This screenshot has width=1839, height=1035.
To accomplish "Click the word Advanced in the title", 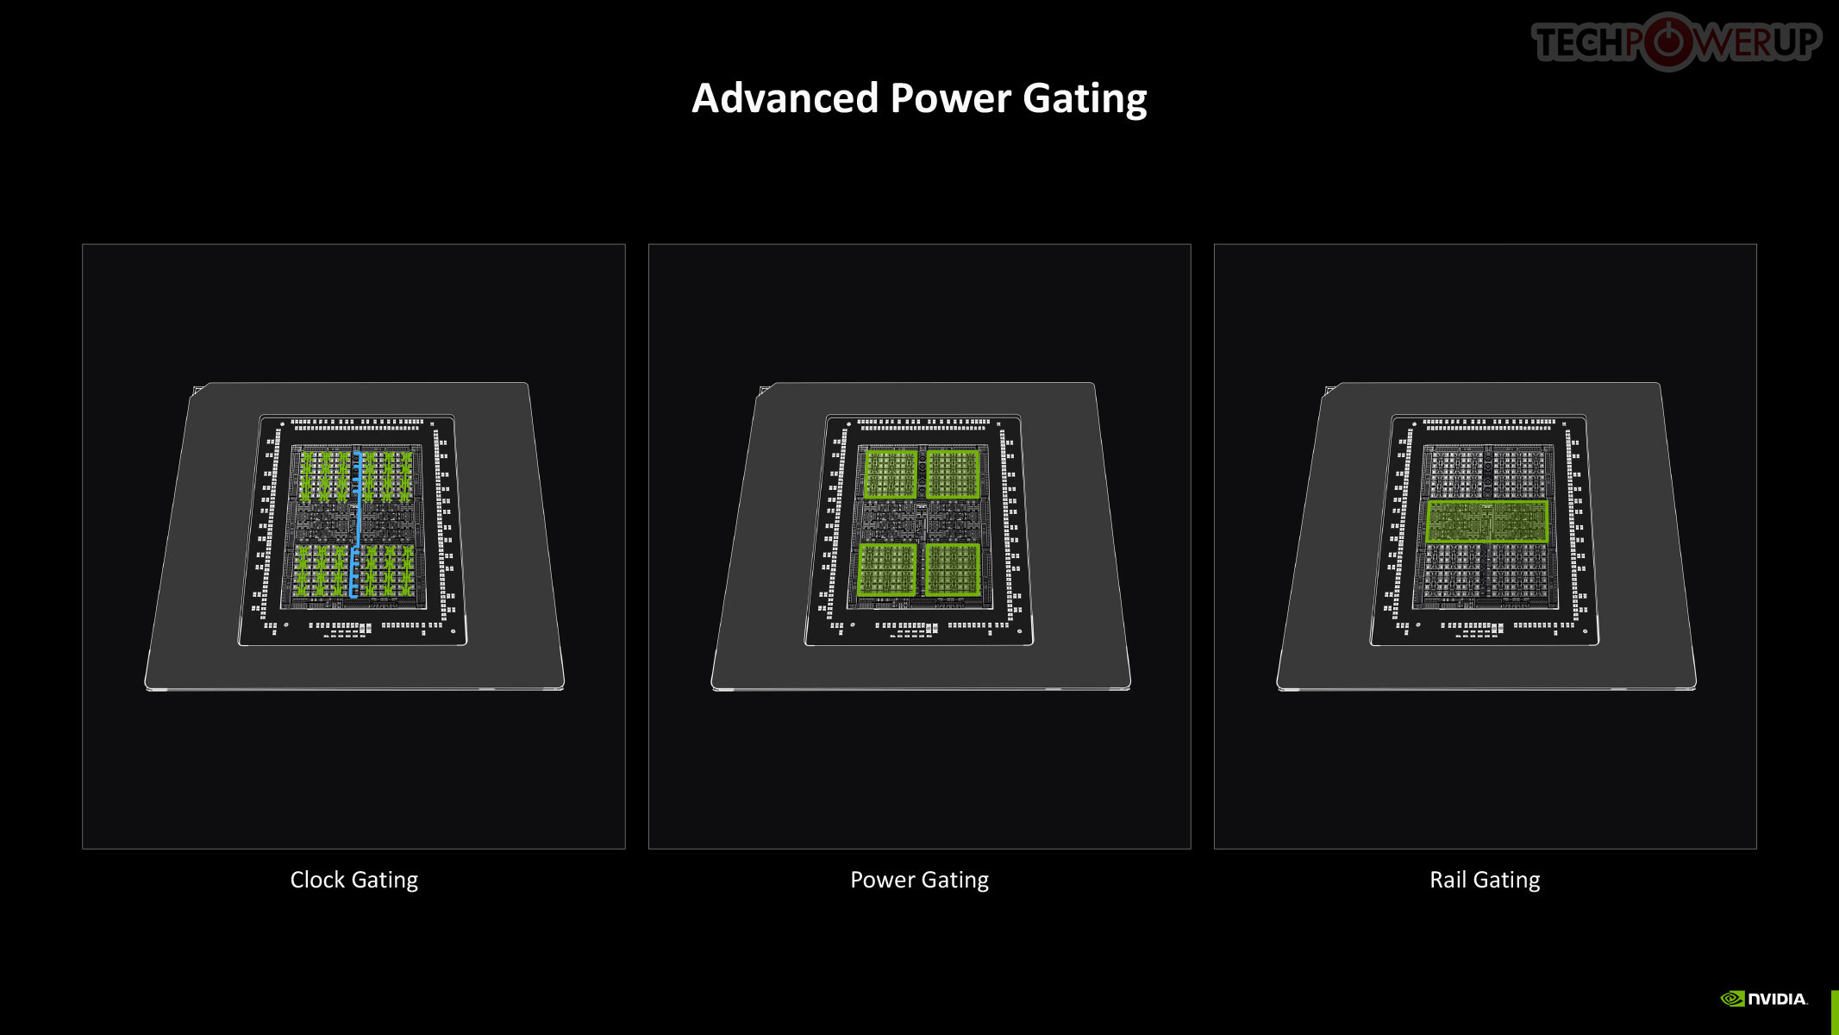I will tap(785, 98).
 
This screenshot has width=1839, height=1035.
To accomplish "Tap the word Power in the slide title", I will tap(950, 98).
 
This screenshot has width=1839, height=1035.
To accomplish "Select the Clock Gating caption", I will tap(353, 880).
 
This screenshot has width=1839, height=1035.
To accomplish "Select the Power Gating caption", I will tap(919, 880).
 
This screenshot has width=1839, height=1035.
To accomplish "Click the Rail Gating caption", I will tap(1485, 880).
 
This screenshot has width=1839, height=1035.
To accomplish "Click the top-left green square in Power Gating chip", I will tap(891, 474).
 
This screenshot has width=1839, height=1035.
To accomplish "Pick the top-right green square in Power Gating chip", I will tap(953, 474).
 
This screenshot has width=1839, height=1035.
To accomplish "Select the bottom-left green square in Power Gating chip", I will tap(887, 569).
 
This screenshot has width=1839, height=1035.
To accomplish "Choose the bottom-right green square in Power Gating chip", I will tap(953, 569).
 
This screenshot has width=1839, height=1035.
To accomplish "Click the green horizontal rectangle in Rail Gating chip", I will tap(1486, 521).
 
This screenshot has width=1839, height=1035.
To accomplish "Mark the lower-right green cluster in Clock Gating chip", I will tap(387, 570).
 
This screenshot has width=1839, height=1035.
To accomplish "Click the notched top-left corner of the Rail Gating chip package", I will tap(1331, 391).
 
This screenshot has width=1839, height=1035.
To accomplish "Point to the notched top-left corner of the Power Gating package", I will tap(765, 391).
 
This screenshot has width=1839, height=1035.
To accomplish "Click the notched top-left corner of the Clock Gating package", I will tap(199, 391).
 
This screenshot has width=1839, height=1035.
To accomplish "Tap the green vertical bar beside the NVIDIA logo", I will tap(1835, 1012).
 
